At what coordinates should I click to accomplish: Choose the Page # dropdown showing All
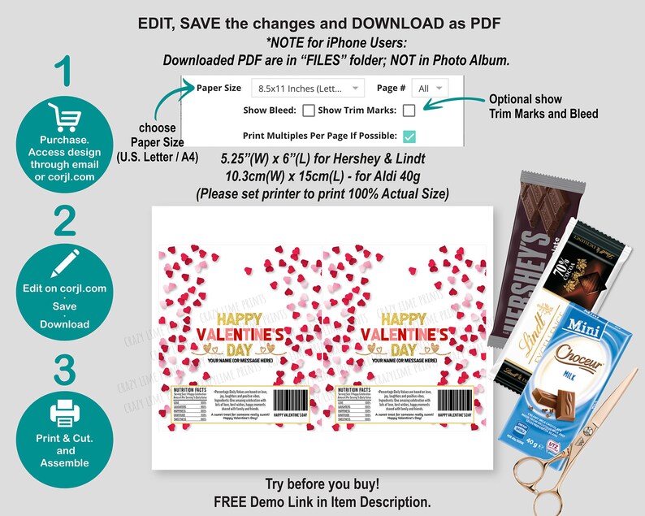click(x=430, y=88)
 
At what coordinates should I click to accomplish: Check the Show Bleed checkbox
click(x=309, y=111)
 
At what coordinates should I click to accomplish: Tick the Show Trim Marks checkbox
click(x=409, y=111)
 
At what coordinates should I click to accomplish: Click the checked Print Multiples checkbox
click(x=409, y=136)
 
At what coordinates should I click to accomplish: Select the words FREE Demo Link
click(x=258, y=501)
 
